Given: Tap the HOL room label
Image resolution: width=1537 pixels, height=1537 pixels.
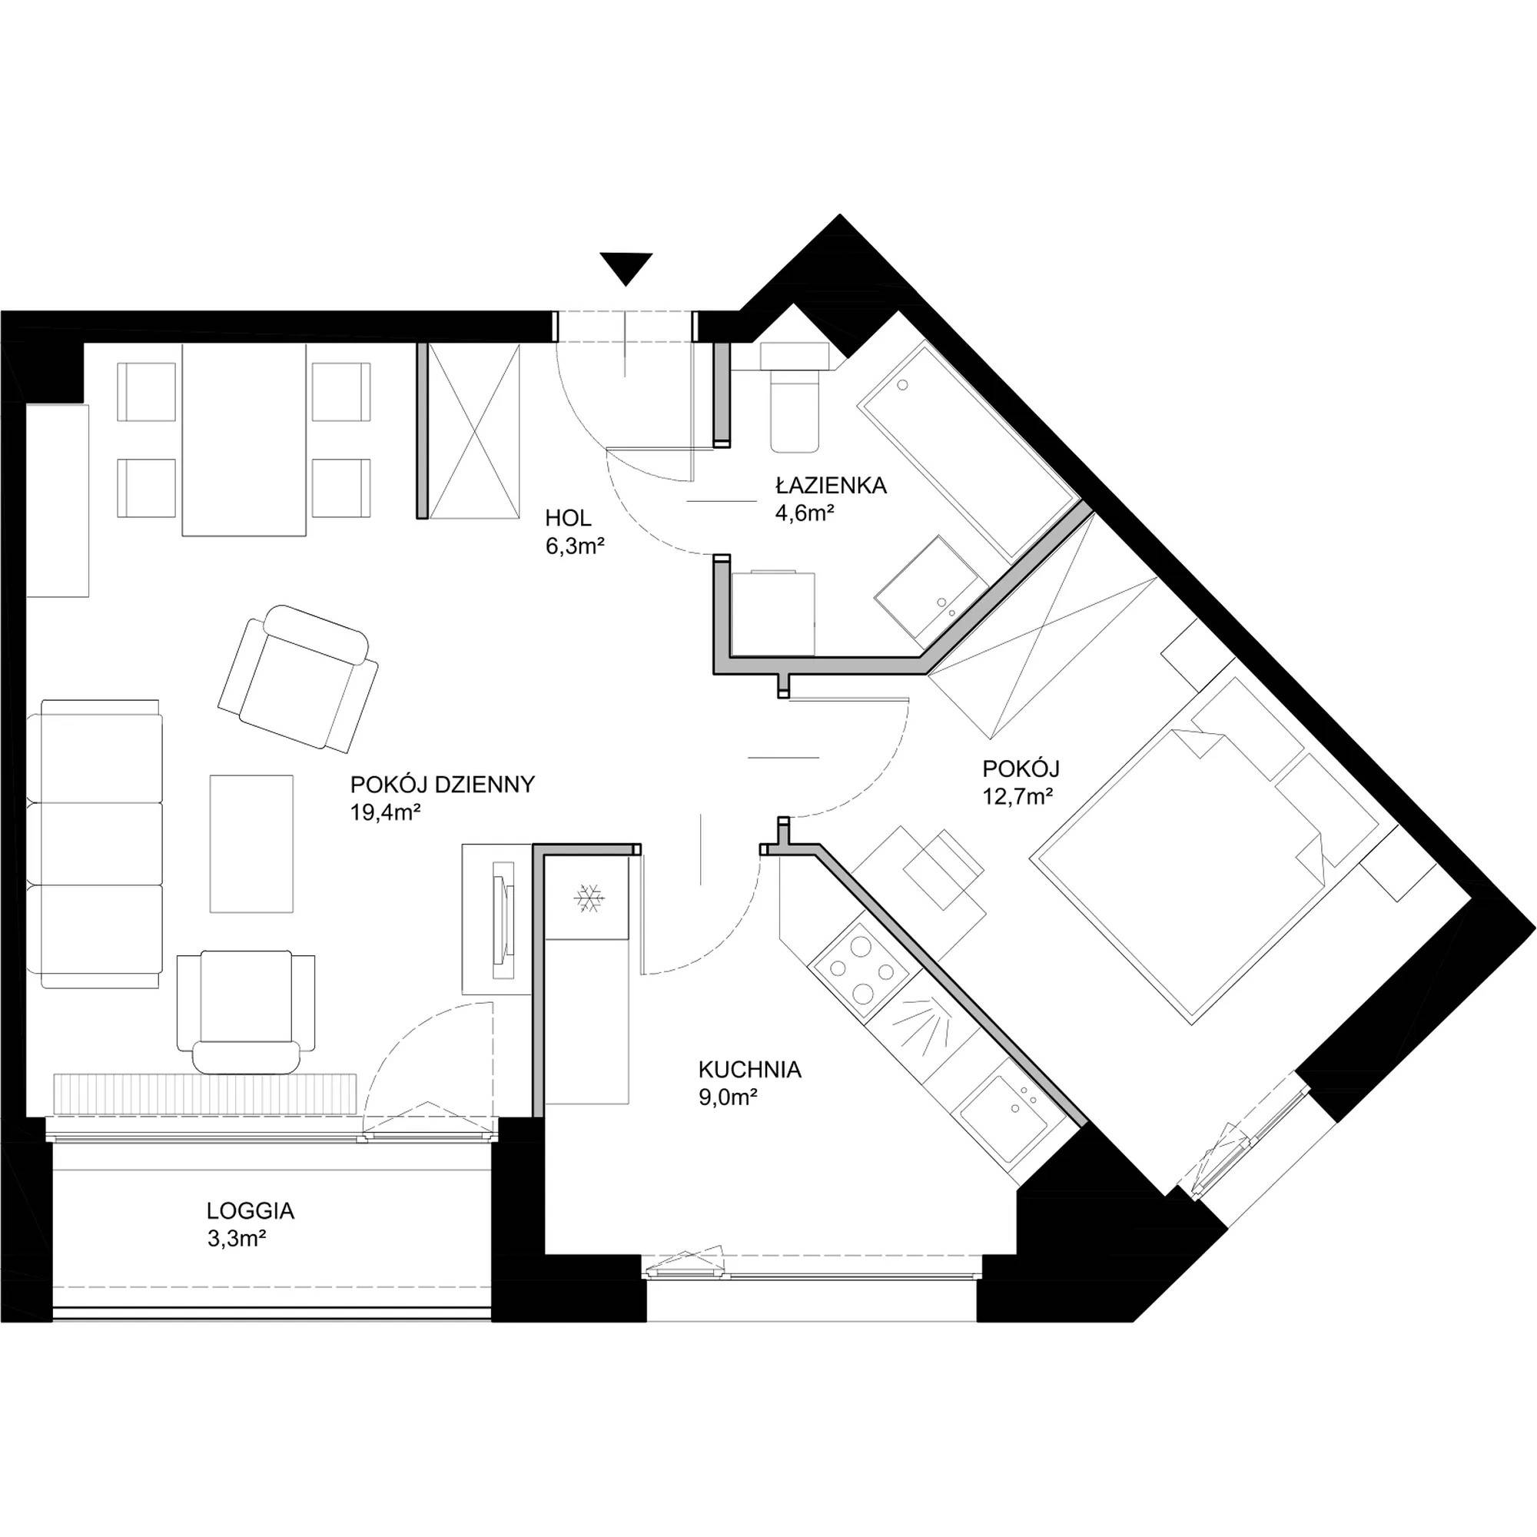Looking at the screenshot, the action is (x=568, y=519).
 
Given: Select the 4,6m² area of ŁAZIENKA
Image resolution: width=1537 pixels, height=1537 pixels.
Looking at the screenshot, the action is (x=805, y=513).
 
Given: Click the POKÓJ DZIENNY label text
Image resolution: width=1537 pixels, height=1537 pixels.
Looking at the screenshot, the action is (x=443, y=785).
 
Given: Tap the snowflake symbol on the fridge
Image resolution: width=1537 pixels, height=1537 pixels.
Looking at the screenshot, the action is (x=589, y=898).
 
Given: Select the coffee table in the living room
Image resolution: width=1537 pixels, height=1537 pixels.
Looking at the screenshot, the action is (x=251, y=843).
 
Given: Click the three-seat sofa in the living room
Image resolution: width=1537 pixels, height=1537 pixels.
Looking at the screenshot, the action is (x=95, y=843).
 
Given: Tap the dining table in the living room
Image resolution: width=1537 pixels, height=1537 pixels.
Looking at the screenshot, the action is (x=244, y=439).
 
